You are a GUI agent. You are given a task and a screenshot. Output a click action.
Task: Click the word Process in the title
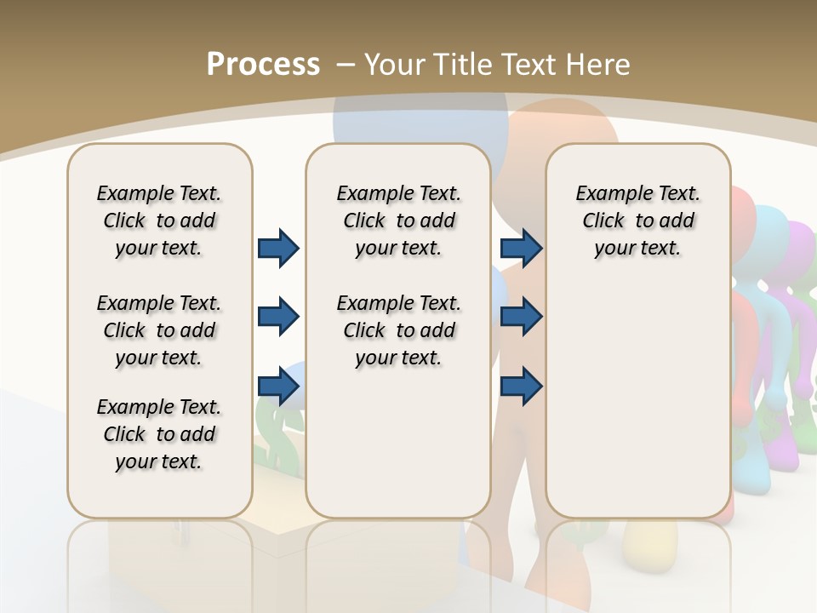tap(263, 65)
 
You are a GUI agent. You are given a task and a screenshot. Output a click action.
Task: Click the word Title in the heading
tap(456, 65)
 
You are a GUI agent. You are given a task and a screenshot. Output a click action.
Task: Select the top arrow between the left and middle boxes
tap(278, 249)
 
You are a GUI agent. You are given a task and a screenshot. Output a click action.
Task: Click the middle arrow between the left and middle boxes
tap(278, 318)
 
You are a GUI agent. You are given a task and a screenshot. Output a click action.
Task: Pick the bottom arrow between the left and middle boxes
tap(278, 386)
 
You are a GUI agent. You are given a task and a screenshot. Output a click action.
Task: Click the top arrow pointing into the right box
tap(521, 249)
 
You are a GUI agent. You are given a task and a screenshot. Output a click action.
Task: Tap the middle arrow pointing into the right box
tap(521, 318)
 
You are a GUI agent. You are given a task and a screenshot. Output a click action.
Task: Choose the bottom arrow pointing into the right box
tap(521, 386)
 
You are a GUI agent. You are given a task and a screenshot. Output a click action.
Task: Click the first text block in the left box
tap(159, 221)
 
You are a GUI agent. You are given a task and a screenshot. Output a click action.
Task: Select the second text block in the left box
tap(159, 330)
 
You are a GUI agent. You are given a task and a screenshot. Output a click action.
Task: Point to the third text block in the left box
tap(159, 434)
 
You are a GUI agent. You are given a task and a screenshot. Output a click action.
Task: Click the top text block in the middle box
tap(398, 221)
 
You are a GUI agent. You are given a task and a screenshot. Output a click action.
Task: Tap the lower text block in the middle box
tap(398, 330)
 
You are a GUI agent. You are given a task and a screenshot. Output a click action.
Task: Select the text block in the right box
tap(637, 221)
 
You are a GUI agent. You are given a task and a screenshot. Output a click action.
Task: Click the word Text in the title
tap(530, 65)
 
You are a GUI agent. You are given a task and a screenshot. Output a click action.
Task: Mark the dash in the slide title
tap(346, 65)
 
